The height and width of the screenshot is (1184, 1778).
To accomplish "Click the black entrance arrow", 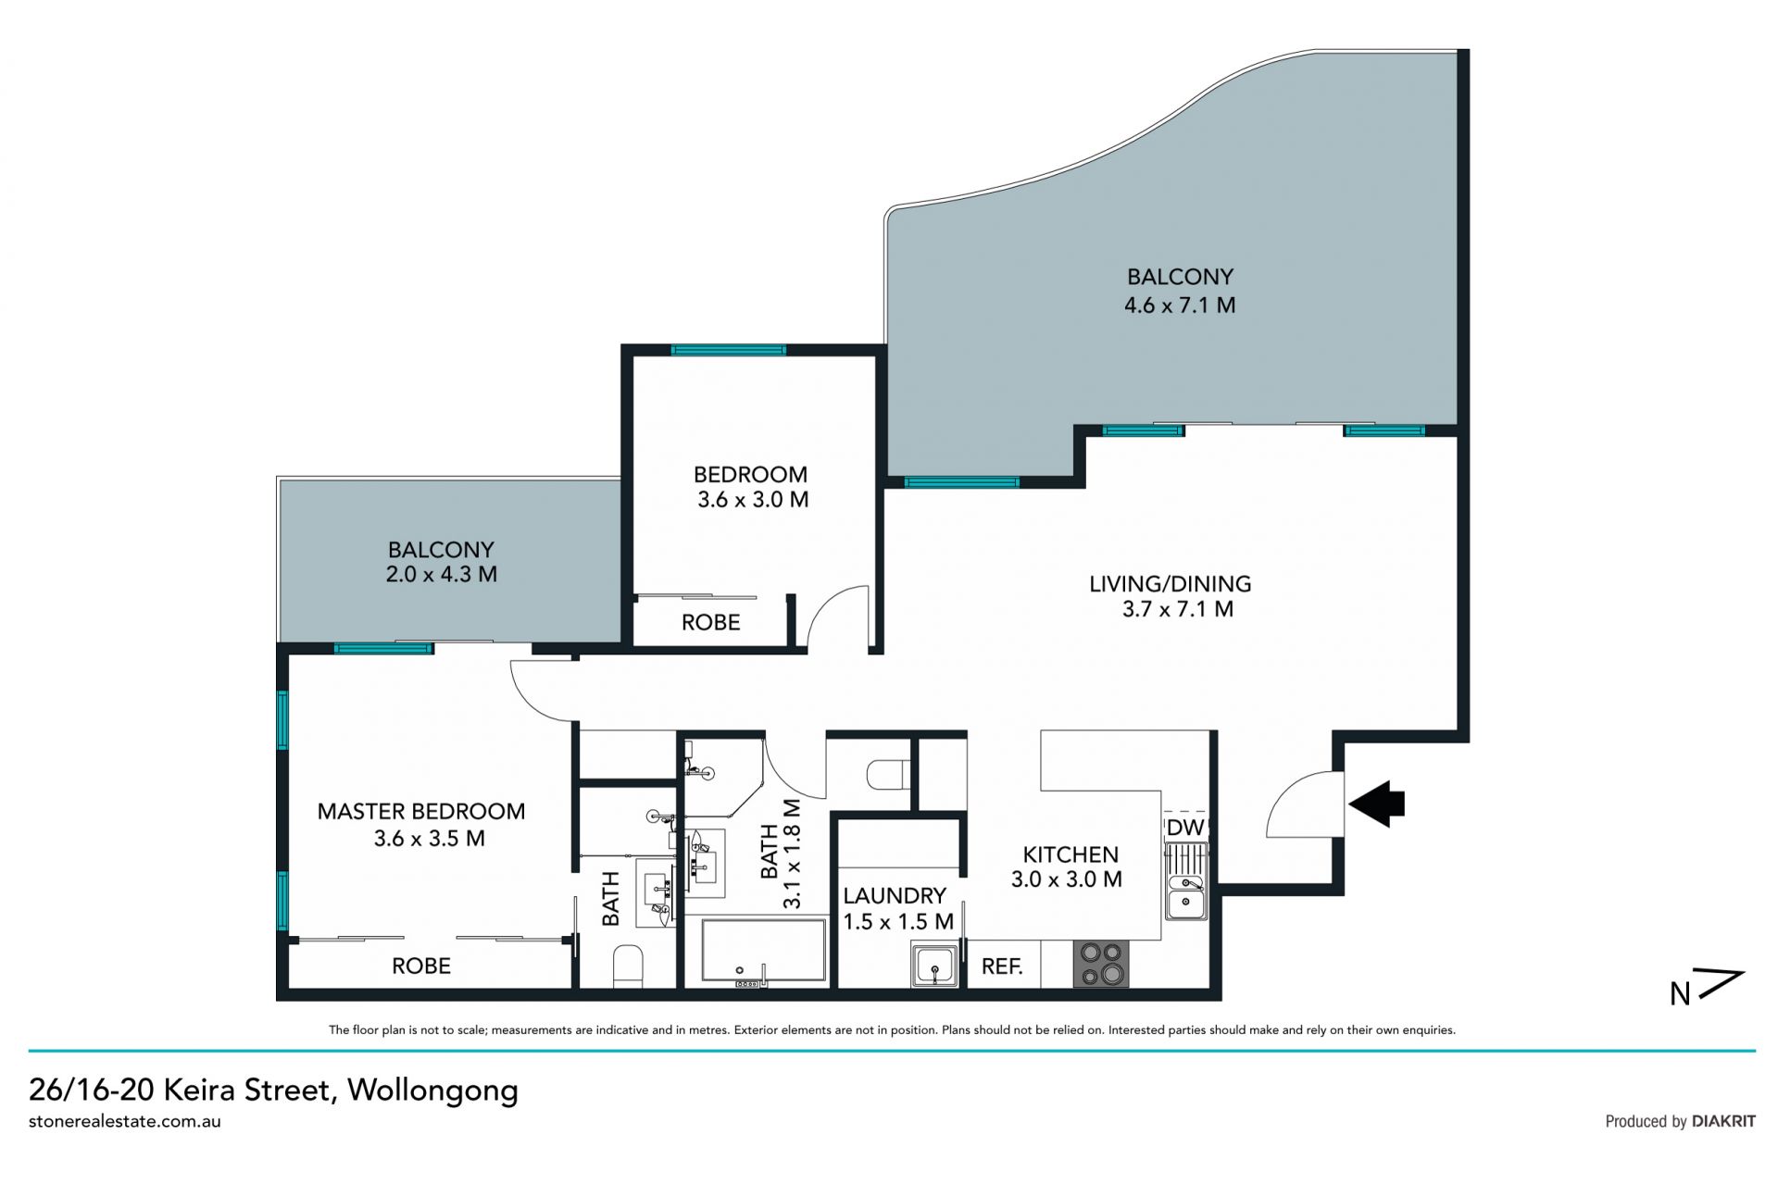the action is point(1377,803).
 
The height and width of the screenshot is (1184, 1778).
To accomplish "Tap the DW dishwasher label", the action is point(1185,828).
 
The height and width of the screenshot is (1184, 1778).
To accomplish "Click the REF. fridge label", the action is point(1002,967).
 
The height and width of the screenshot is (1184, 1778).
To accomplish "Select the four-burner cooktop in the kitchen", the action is point(1101,964).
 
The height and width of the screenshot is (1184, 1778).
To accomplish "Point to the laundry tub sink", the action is point(934,965).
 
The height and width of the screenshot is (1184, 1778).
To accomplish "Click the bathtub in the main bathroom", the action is point(764,949).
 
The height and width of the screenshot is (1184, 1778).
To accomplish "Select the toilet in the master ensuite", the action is point(628,966).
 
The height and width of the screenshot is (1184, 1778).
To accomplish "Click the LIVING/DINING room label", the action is point(1171,584).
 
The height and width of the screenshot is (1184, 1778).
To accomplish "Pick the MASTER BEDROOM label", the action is point(421,812).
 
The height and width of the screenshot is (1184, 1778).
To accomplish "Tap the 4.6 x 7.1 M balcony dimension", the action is point(1180,305).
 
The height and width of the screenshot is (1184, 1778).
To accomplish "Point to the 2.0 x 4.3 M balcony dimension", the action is point(442,575).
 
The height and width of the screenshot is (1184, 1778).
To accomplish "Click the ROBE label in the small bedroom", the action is point(711,623).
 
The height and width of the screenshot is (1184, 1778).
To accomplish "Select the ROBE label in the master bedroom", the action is point(421,966).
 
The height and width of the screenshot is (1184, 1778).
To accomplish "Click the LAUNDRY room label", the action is point(895,896).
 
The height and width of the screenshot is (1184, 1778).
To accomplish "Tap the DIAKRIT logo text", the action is point(1723,1121).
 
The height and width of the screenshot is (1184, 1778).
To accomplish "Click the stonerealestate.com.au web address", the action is point(125,1121).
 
